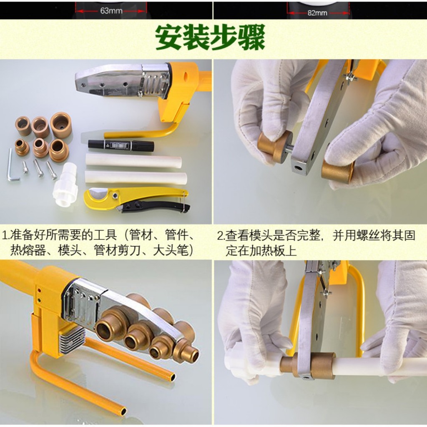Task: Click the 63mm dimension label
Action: (111, 11)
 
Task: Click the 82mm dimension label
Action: (317, 13)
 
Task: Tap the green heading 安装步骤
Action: (210, 37)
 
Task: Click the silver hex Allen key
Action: (11, 166)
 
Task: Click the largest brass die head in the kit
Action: (61, 125)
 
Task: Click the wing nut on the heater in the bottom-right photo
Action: (326, 293)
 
